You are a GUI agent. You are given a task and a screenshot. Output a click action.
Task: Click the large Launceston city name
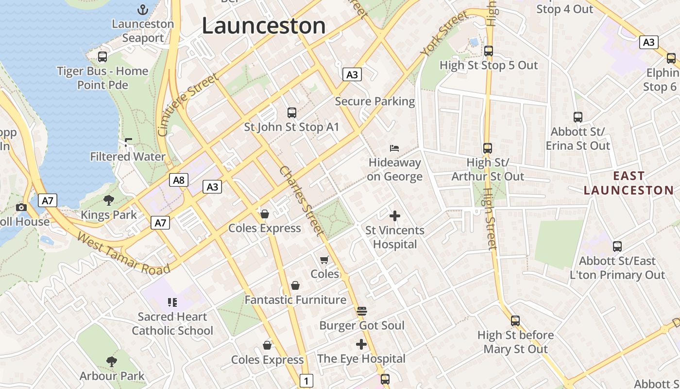tap(263, 26)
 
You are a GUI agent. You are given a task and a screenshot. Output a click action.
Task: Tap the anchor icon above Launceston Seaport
tap(143, 9)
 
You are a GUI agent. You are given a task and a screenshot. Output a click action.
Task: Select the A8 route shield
tap(179, 180)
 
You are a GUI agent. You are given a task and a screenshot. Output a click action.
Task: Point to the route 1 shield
tap(306, 380)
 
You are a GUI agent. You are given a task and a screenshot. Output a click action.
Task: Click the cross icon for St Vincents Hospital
tap(395, 215)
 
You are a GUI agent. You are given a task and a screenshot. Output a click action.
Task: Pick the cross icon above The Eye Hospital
tap(361, 344)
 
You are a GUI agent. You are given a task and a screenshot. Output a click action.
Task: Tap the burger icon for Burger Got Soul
tap(361, 311)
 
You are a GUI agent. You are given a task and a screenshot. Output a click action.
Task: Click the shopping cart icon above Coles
tap(324, 260)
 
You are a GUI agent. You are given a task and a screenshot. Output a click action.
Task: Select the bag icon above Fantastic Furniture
tap(295, 285)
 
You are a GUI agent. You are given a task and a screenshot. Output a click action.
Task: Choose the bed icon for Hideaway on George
tap(394, 148)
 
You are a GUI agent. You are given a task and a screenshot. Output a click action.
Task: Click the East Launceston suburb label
tap(629, 183)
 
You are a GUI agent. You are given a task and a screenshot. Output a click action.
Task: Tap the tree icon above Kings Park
tap(109, 200)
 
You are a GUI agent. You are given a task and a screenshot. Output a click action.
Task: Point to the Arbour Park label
tap(112, 376)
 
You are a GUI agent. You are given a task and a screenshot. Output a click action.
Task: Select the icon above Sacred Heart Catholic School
tap(172, 302)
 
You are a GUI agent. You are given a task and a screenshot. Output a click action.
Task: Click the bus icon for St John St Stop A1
tap(291, 113)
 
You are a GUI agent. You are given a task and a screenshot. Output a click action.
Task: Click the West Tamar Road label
tap(123, 254)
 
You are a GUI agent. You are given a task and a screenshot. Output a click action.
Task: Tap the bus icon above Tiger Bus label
tap(102, 56)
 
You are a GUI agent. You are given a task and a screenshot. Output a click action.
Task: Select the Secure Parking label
tap(375, 101)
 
